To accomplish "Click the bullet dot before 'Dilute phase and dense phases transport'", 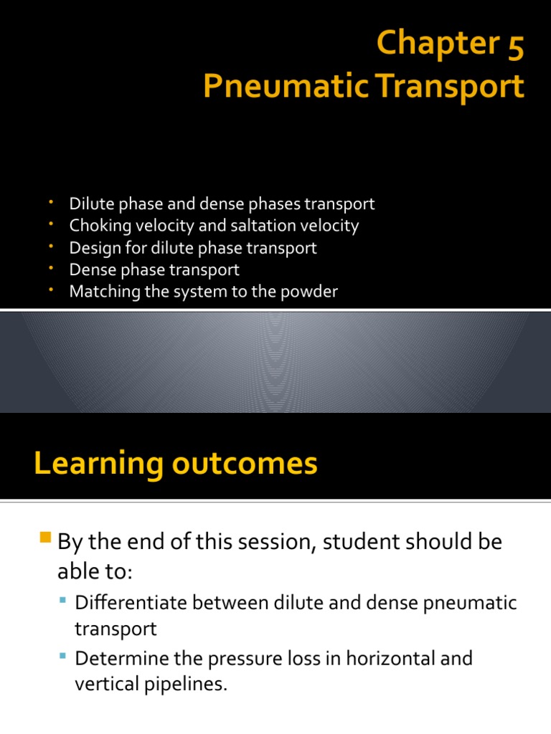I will (52, 204).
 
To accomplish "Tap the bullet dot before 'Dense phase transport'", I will (52, 269).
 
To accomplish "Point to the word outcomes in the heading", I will (244, 464).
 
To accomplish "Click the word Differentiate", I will (136, 603).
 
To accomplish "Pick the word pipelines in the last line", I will (188, 685).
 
